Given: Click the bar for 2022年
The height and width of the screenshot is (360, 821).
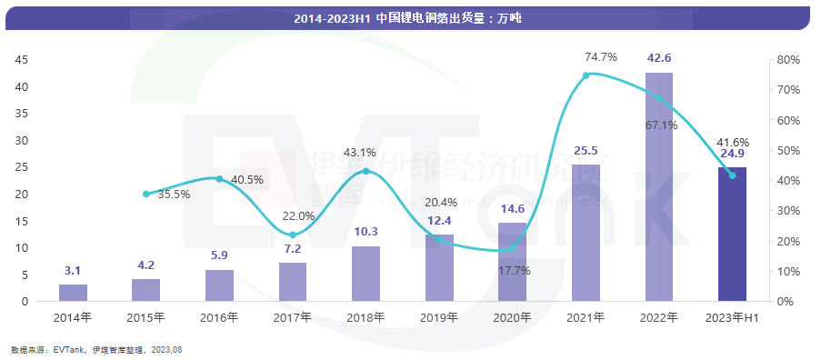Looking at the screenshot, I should coord(659,186).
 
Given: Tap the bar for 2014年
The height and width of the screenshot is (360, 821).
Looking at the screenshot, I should coord(73,293).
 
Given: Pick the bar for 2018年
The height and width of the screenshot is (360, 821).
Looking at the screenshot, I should coord(365,274).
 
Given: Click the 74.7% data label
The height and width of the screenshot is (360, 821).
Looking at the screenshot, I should coord(600,56).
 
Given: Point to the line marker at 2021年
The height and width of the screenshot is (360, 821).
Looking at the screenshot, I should coord(586,75).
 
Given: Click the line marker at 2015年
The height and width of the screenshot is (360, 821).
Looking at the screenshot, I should coord(146,194).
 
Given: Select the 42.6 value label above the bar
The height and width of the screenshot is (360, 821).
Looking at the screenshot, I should coord(659,58).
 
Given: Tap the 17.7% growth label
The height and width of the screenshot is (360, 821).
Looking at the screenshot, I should coord(515,270).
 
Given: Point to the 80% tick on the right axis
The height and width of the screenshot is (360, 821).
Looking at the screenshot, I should coord(787,60).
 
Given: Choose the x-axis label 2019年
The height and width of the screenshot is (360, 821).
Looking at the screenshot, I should coord(439,317).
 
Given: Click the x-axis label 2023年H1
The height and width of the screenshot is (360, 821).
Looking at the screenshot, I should coord(732,317).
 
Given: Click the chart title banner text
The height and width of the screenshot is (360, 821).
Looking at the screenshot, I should coord(407,17).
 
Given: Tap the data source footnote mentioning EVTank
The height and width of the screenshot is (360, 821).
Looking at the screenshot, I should coord(95,349).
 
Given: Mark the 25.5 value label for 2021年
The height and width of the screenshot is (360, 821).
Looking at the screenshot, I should coord(586,151).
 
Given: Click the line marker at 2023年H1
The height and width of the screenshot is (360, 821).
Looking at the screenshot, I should coord(732,175).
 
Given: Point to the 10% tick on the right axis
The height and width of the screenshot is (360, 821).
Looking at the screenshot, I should coord(787,271).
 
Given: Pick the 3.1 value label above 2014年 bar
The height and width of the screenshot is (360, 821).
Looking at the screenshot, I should coord(73,271).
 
